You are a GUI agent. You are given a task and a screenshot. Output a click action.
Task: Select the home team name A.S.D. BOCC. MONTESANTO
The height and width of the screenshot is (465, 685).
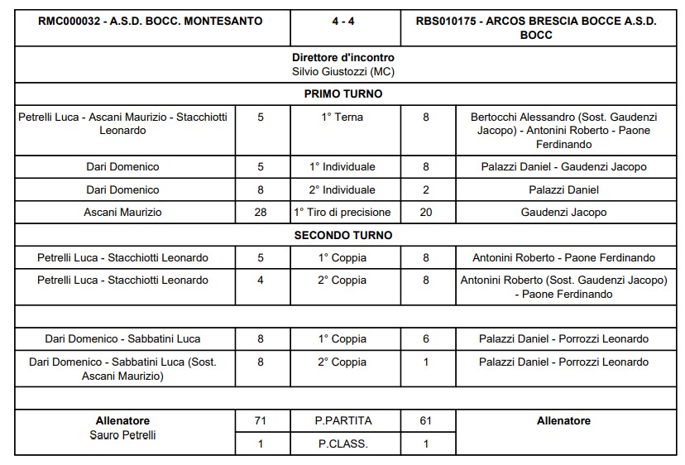tap(151, 22)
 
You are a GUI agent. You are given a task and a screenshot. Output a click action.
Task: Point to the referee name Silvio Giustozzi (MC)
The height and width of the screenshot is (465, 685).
tap(342, 72)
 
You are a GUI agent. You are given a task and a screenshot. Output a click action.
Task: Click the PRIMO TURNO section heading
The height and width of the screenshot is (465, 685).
tap(342, 94)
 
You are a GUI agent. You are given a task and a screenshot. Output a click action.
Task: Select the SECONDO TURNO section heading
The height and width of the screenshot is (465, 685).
tap(342, 235)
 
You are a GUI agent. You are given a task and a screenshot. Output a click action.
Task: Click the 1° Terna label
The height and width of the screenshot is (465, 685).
tap(342, 117)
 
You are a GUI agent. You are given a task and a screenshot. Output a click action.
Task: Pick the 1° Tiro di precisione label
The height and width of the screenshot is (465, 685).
tap(342, 213)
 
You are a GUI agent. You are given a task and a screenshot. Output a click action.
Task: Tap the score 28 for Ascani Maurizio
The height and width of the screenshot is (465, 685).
tap(261, 213)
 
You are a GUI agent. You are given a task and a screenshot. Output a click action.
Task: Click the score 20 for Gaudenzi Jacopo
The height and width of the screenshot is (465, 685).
tap(426, 213)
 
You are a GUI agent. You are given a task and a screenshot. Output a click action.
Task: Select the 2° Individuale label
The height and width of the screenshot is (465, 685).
tap(342, 189)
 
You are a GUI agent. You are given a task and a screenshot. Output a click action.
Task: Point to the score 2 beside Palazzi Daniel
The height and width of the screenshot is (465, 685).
tap(426, 189)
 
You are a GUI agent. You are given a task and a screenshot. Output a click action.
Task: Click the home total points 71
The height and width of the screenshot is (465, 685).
tap(261, 421)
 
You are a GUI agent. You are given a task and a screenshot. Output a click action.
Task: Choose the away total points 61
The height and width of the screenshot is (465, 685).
tap(426, 421)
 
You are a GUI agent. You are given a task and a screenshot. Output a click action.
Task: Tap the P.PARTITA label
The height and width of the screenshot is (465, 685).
tap(342, 421)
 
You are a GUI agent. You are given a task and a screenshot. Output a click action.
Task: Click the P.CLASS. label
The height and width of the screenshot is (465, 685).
tap(342, 443)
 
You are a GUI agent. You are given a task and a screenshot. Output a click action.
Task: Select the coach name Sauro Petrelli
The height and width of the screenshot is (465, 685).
tap(123, 435)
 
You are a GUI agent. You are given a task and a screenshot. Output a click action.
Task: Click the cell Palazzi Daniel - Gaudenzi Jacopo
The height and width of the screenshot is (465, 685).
tap(563, 167)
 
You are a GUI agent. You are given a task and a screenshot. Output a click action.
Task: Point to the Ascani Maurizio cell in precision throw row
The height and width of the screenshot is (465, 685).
tap(123, 213)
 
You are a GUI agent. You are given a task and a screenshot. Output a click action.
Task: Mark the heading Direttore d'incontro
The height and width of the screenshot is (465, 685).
tap(342, 58)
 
